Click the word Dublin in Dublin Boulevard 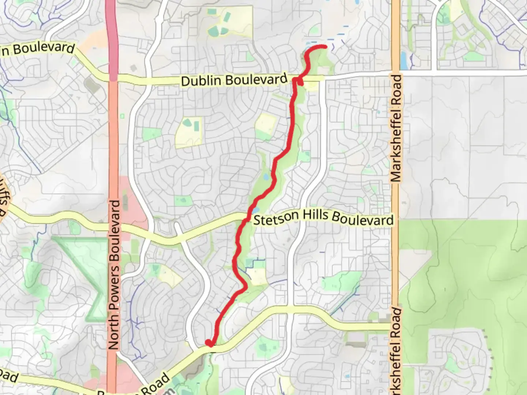pyautogui.click(x=202, y=80)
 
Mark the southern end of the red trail pyautogui.click(x=209, y=343)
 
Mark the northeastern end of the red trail pyautogui.click(x=325, y=46)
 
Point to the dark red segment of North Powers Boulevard pyautogui.click(x=112, y=37)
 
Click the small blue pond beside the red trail pyautogui.click(x=266, y=178)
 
